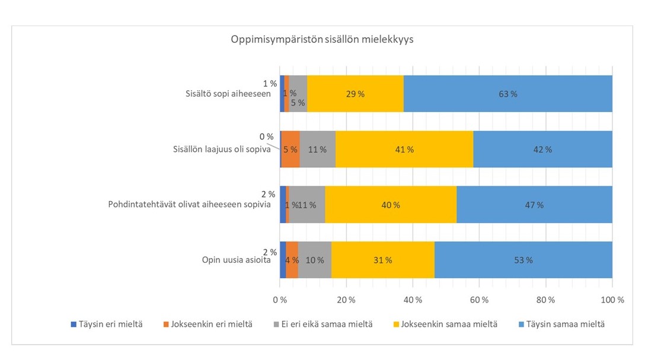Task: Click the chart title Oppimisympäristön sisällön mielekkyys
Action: [322, 40]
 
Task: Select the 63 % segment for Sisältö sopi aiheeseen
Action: [507, 94]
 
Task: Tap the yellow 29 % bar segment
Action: [356, 94]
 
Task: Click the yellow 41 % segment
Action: [404, 149]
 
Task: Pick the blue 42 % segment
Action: [542, 149]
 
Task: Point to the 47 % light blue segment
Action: [534, 205]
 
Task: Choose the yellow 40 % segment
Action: [391, 205]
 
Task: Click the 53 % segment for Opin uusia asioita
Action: [523, 260]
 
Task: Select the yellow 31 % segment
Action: [382, 260]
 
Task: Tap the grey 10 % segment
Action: [315, 260]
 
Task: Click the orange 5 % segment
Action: [290, 149]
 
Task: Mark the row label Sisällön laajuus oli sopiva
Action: [218, 149]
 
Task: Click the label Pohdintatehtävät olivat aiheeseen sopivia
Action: [189, 205]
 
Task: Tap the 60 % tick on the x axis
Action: [479, 300]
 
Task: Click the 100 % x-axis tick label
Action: [612, 300]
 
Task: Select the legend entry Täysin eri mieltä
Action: [111, 324]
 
